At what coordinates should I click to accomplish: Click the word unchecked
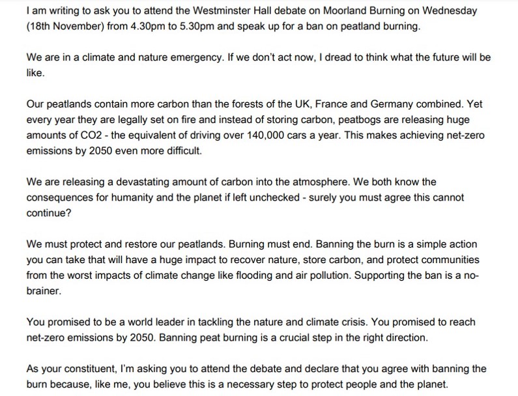pos(293,198)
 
